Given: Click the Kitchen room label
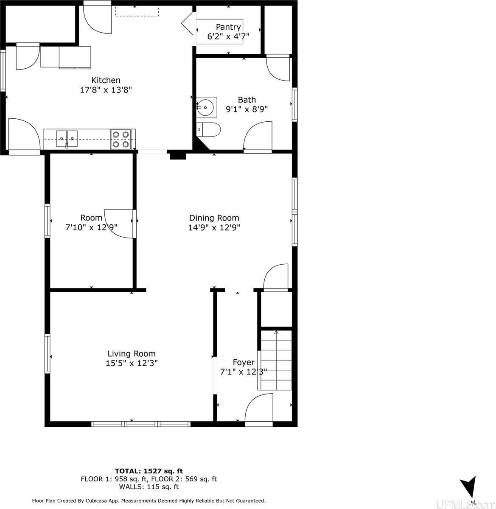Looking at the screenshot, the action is (106, 80).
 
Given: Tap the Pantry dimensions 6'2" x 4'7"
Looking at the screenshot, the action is (228, 36).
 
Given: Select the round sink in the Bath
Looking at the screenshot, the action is (205, 107).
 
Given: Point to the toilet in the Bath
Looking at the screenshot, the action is (208, 129).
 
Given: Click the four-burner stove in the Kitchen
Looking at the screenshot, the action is (120, 140).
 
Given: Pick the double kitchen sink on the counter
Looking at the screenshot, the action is (67, 139).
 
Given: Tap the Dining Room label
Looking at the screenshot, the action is (214, 218).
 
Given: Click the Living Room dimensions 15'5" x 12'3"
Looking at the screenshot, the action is (132, 364).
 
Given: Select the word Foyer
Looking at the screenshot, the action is (244, 362).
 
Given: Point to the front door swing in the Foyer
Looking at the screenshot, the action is (259, 408).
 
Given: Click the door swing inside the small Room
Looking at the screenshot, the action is (119, 224).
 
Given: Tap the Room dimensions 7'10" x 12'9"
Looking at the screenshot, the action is (91, 227).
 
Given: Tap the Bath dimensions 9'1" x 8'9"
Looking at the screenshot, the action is (247, 109).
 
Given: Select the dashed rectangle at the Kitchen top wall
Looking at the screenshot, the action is (137, 11).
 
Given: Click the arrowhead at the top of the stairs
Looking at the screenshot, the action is (276, 332).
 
